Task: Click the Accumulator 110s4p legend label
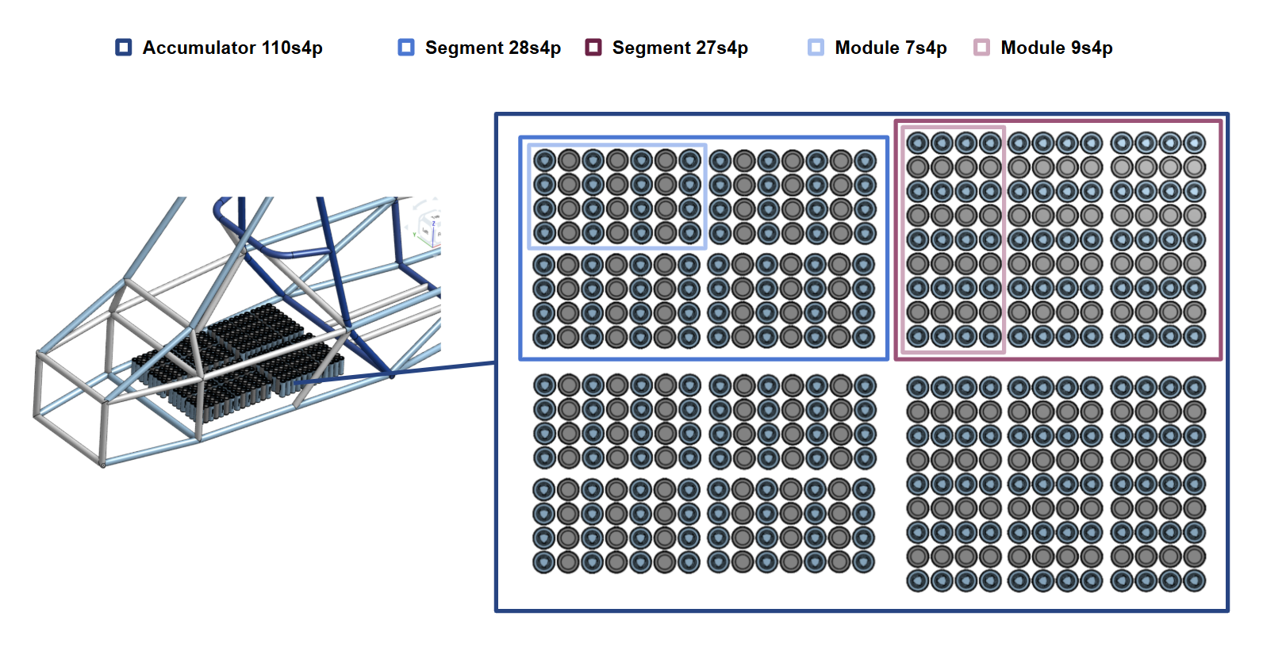pos(232,48)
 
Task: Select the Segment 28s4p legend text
pos(493,48)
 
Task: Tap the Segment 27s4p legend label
pos(680,48)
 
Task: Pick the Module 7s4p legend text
pos(890,48)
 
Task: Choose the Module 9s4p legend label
pos(1056,48)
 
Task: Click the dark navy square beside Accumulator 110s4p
pos(124,48)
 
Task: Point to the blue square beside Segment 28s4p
pos(406,48)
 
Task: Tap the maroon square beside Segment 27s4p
pos(593,48)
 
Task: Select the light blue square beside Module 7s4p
pos(816,48)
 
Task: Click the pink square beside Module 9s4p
pos(982,48)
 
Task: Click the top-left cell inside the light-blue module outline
pos(544,161)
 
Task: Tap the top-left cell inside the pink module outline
pos(918,143)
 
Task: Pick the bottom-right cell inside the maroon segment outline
pos(1194,336)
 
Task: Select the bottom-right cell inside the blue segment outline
pos(864,337)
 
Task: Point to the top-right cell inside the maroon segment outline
pos(1194,143)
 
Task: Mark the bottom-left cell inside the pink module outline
pos(918,336)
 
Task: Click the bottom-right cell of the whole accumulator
pos(1194,581)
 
